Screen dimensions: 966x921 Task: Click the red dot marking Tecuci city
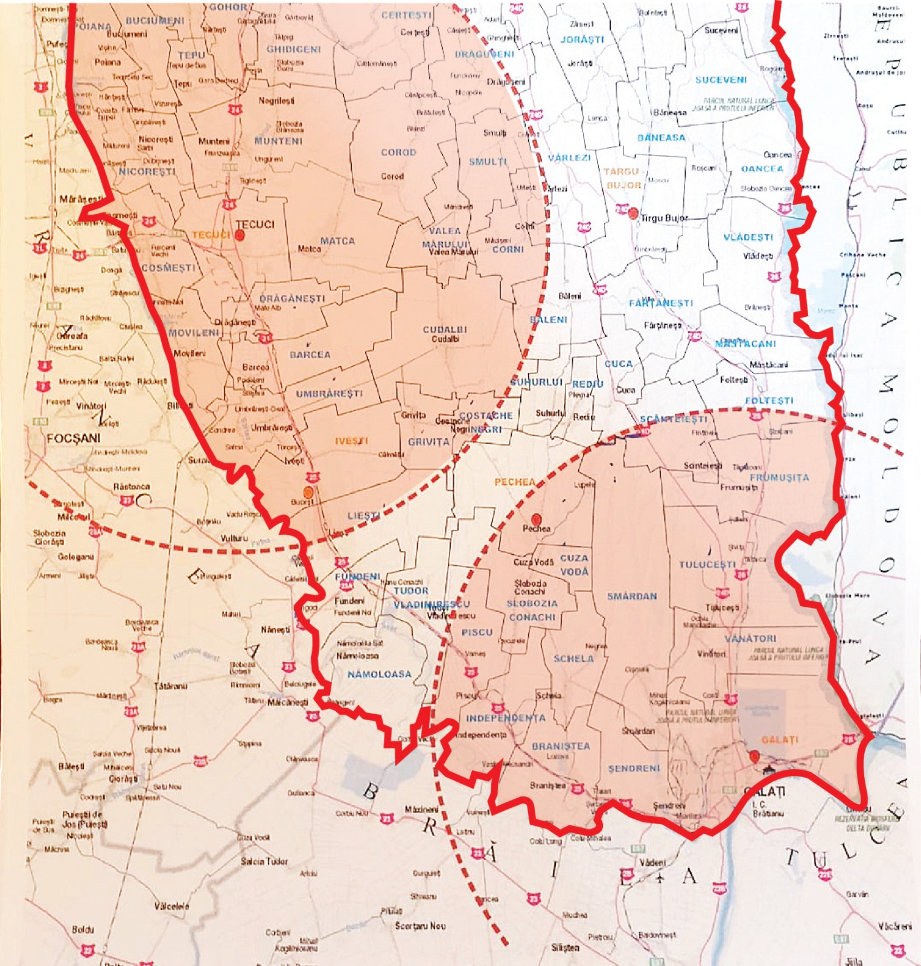[240, 235]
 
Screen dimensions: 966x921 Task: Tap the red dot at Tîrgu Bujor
[633, 213]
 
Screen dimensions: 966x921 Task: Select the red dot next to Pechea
[536, 519]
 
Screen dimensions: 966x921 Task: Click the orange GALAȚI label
[780, 740]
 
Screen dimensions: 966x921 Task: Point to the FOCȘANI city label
[74, 438]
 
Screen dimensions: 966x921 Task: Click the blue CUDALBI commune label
[445, 330]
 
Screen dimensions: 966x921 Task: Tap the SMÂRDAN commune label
[632, 596]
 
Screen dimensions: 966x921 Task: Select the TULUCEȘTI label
[707, 565]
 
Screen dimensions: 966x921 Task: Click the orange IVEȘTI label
[352, 441]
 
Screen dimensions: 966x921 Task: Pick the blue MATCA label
[337, 241]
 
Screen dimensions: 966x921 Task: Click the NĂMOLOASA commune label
[379, 674]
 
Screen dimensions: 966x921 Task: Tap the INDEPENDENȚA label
[506, 718]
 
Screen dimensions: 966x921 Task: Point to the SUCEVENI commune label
[721, 80]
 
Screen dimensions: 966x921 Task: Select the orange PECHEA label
[515, 482]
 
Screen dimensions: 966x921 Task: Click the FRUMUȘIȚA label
[779, 477]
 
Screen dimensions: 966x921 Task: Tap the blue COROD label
[398, 152]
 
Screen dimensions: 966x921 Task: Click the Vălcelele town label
[172, 906]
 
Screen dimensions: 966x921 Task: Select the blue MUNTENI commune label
[278, 141]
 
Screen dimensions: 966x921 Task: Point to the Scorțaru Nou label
[421, 926]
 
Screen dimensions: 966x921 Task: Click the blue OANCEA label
[762, 168]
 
